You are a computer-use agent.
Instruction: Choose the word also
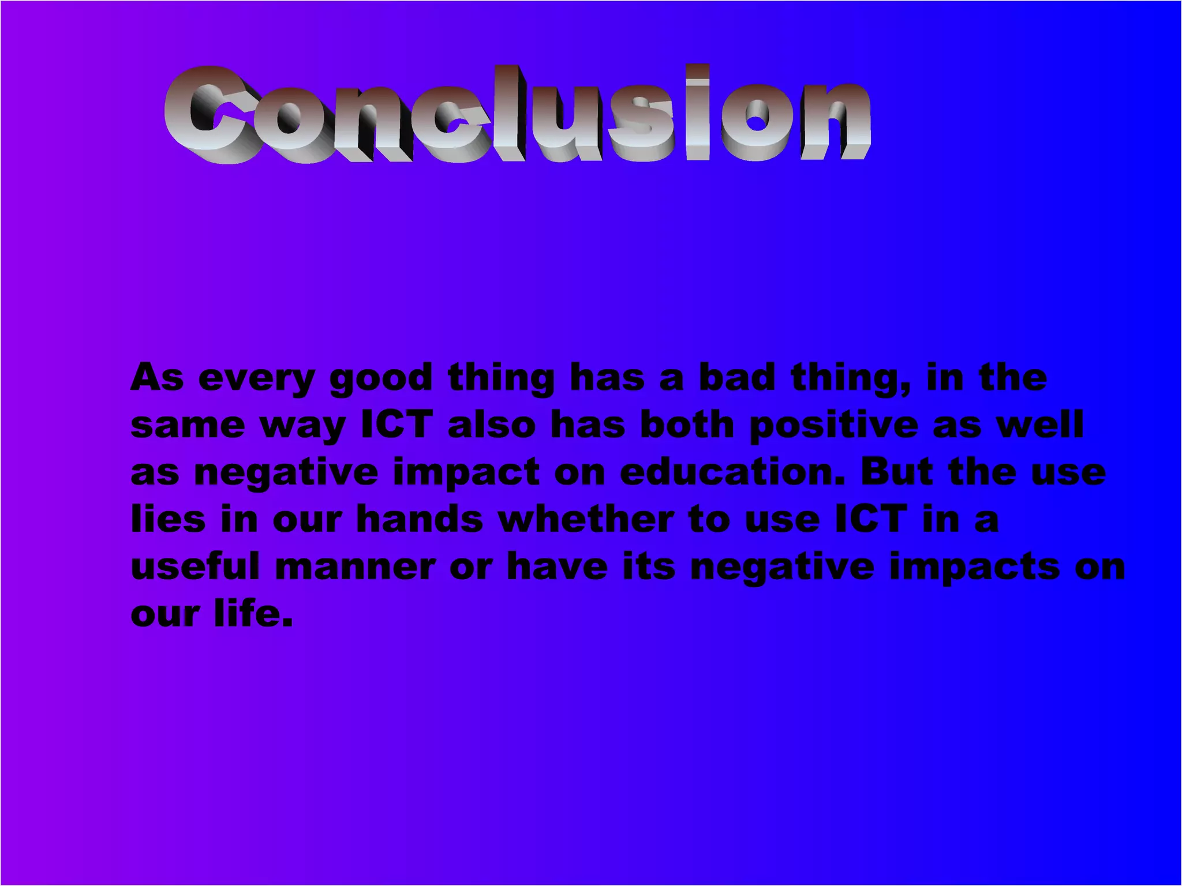pyautogui.click(x=492, y=425)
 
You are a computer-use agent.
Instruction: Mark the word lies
pyautogui.click(x=168, y=519)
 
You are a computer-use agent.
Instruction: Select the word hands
pyautogui.click(x=419, y=519)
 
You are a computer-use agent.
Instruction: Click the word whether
pyautogui.click(x=586, y=519)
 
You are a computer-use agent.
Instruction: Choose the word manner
pyautogui.click(x=355, y=567)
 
